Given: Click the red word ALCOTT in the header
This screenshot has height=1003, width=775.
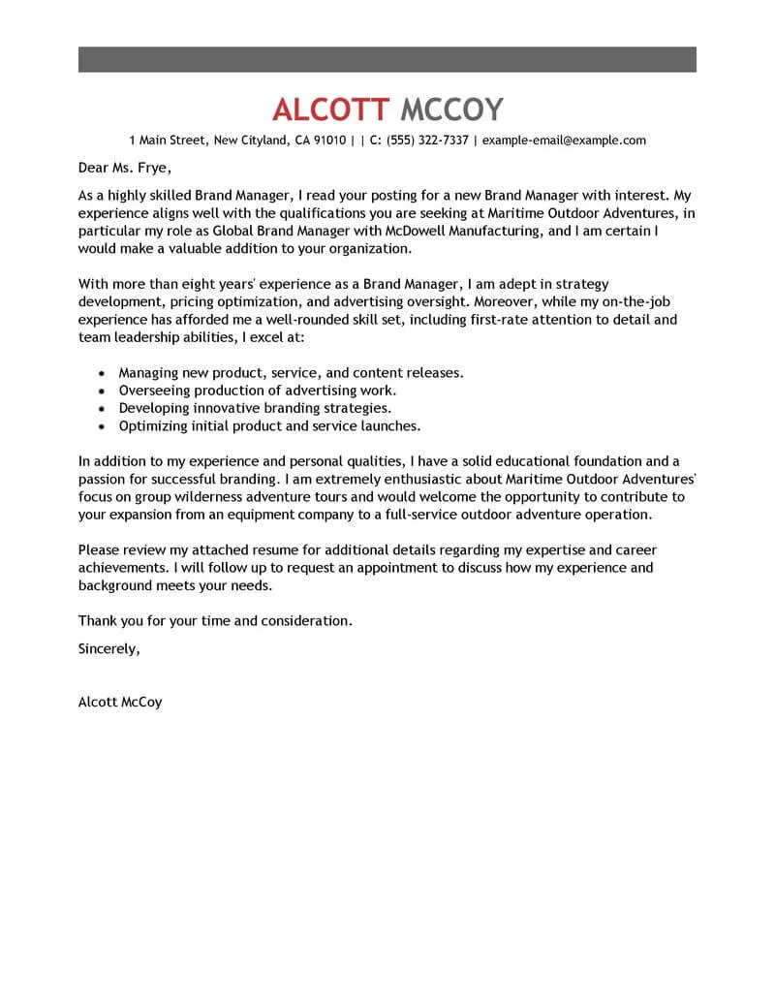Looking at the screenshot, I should click(331, 109).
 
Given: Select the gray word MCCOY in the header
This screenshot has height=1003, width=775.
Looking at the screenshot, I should click(451, 109).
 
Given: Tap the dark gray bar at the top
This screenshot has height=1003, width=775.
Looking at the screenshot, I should click(387, 58).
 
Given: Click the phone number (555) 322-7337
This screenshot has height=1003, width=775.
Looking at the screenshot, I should click(427, 141).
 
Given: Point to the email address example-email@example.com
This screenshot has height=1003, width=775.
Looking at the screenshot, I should click(564, 141).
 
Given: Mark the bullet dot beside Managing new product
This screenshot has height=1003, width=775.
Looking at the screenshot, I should click(103, 373).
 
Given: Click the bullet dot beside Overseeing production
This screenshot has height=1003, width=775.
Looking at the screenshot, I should click(103, 391).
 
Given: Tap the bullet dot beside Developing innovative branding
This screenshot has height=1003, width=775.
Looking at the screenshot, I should click(103, 408).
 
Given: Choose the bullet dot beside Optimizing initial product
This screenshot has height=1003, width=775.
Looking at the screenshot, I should click(103, 425).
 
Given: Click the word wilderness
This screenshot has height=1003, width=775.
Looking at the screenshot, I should click(214, 497).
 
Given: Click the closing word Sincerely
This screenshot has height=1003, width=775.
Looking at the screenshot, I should click(108, 649).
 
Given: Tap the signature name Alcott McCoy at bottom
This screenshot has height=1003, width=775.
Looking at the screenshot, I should click(120, 702).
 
